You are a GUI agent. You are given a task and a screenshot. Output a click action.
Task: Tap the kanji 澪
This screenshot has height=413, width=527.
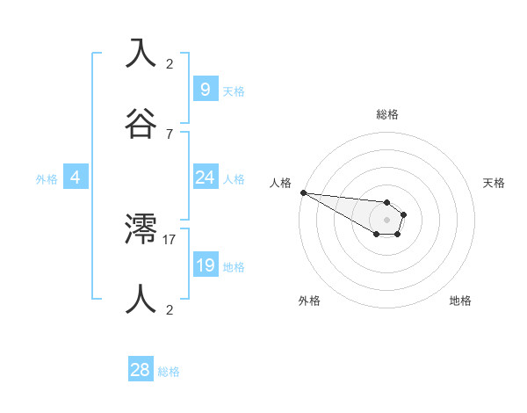(x=141, y=229)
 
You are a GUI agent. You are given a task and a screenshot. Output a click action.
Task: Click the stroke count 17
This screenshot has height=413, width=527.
(x=170, y=239)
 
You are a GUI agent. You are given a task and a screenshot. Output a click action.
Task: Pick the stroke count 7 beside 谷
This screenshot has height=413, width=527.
(x=170, y=134)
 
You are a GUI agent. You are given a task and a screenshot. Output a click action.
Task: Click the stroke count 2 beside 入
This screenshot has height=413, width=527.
(x=170, y=63)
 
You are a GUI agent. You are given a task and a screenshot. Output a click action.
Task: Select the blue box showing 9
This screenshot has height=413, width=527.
(x=205, y=89)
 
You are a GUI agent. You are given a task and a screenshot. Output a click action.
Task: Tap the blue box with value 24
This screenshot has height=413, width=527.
(x=205, y=178)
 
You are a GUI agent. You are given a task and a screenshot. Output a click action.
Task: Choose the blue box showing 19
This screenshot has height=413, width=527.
(x=205, y=265)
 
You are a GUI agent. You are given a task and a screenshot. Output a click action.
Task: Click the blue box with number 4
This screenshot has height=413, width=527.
(x=75, y=178)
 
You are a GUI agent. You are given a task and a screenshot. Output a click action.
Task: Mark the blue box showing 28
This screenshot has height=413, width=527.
(x=141, y=370)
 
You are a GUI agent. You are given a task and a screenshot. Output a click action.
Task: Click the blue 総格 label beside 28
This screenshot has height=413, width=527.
(x=169, y=372)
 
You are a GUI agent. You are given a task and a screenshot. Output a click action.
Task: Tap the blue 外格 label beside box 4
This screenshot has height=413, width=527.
(x=47, y=179)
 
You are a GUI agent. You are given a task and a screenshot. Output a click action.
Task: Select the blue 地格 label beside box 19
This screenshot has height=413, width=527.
(x=234, y=267)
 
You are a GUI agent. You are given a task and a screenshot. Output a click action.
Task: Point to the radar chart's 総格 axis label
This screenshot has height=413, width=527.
(x=387, y=114)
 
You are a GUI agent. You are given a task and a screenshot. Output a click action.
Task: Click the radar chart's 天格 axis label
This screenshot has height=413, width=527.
(x=495, y=183)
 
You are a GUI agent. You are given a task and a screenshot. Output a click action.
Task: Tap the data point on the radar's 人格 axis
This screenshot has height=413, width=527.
(x=303, y=192)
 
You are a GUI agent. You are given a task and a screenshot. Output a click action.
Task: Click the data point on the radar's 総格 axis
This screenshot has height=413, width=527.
(x=387, y=203)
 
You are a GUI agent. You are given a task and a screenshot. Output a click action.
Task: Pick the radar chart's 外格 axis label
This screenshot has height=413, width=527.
(x=309, y=301)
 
